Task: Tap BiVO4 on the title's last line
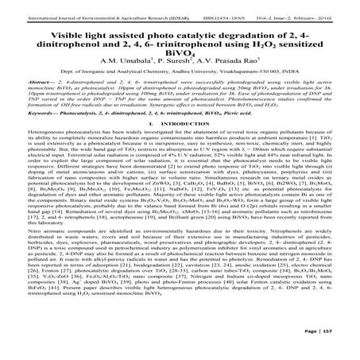tap(180, 52)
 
